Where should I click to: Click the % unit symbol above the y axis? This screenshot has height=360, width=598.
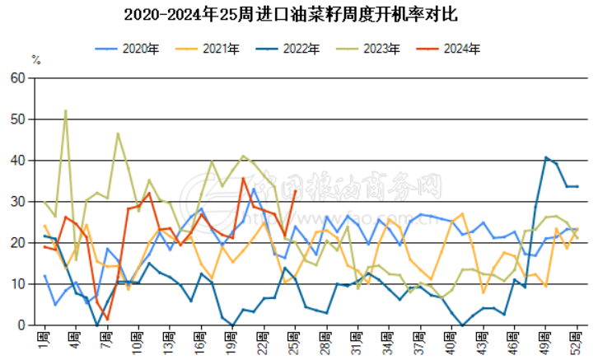36,59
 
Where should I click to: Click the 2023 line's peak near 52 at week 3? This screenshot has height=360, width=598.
65,110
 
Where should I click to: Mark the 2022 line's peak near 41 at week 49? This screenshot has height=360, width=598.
545,157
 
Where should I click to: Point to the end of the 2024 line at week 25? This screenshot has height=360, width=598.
295,191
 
